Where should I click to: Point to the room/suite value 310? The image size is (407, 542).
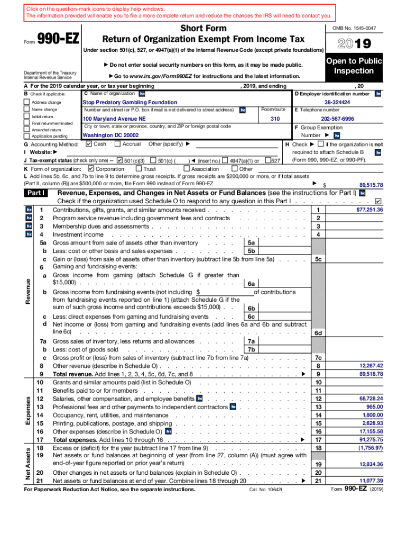275,119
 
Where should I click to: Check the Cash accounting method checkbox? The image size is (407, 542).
88,144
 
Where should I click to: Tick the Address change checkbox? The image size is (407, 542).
26,102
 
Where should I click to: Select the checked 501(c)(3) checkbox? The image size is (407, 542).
120,160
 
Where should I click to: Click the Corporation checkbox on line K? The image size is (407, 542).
90,169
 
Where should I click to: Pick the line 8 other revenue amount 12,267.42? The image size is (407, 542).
371,366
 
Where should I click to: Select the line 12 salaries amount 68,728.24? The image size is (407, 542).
371,398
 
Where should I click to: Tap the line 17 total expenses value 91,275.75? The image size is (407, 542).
371,439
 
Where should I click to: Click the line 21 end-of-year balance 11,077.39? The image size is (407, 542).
371,481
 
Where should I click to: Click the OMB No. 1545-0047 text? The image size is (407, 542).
354,28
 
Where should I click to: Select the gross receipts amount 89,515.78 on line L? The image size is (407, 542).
371,185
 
